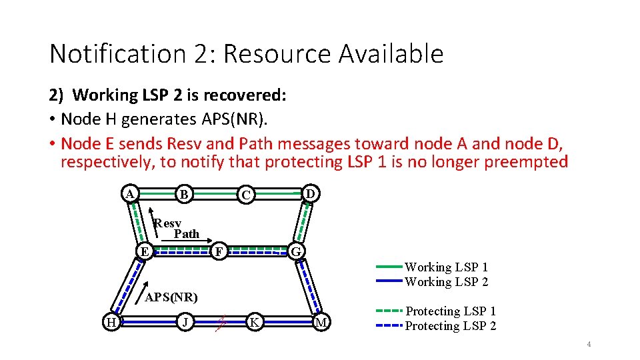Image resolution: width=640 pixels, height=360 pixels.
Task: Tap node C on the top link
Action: click(x=247, y=195)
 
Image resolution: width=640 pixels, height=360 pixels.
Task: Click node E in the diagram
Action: click(x=143, y=251)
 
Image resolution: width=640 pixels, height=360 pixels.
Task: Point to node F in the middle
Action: click(x=218, y=251)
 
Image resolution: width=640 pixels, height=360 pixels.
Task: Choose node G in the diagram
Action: click(x=297, y=252)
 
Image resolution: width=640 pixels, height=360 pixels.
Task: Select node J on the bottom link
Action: click(x=186, y=322)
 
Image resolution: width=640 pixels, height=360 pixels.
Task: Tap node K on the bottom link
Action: click(x=253, y=322)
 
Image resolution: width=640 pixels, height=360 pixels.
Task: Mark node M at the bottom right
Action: click(x=322, y=323)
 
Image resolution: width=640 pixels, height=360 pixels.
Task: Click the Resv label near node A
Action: click(x=167, y=223)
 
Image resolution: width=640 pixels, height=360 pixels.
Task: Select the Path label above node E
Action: click(x=186, y=234)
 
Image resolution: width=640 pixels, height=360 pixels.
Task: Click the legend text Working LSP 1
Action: click(x=446, y=267)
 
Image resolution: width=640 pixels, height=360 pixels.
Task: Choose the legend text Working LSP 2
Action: click(x=446, y=282)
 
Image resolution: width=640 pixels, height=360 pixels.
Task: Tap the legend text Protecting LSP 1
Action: click(x=451, y=311)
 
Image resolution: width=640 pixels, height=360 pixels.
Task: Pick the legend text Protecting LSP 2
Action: click(x=451, y=326)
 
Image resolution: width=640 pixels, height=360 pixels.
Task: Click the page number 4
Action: click(x=589, y=344)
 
